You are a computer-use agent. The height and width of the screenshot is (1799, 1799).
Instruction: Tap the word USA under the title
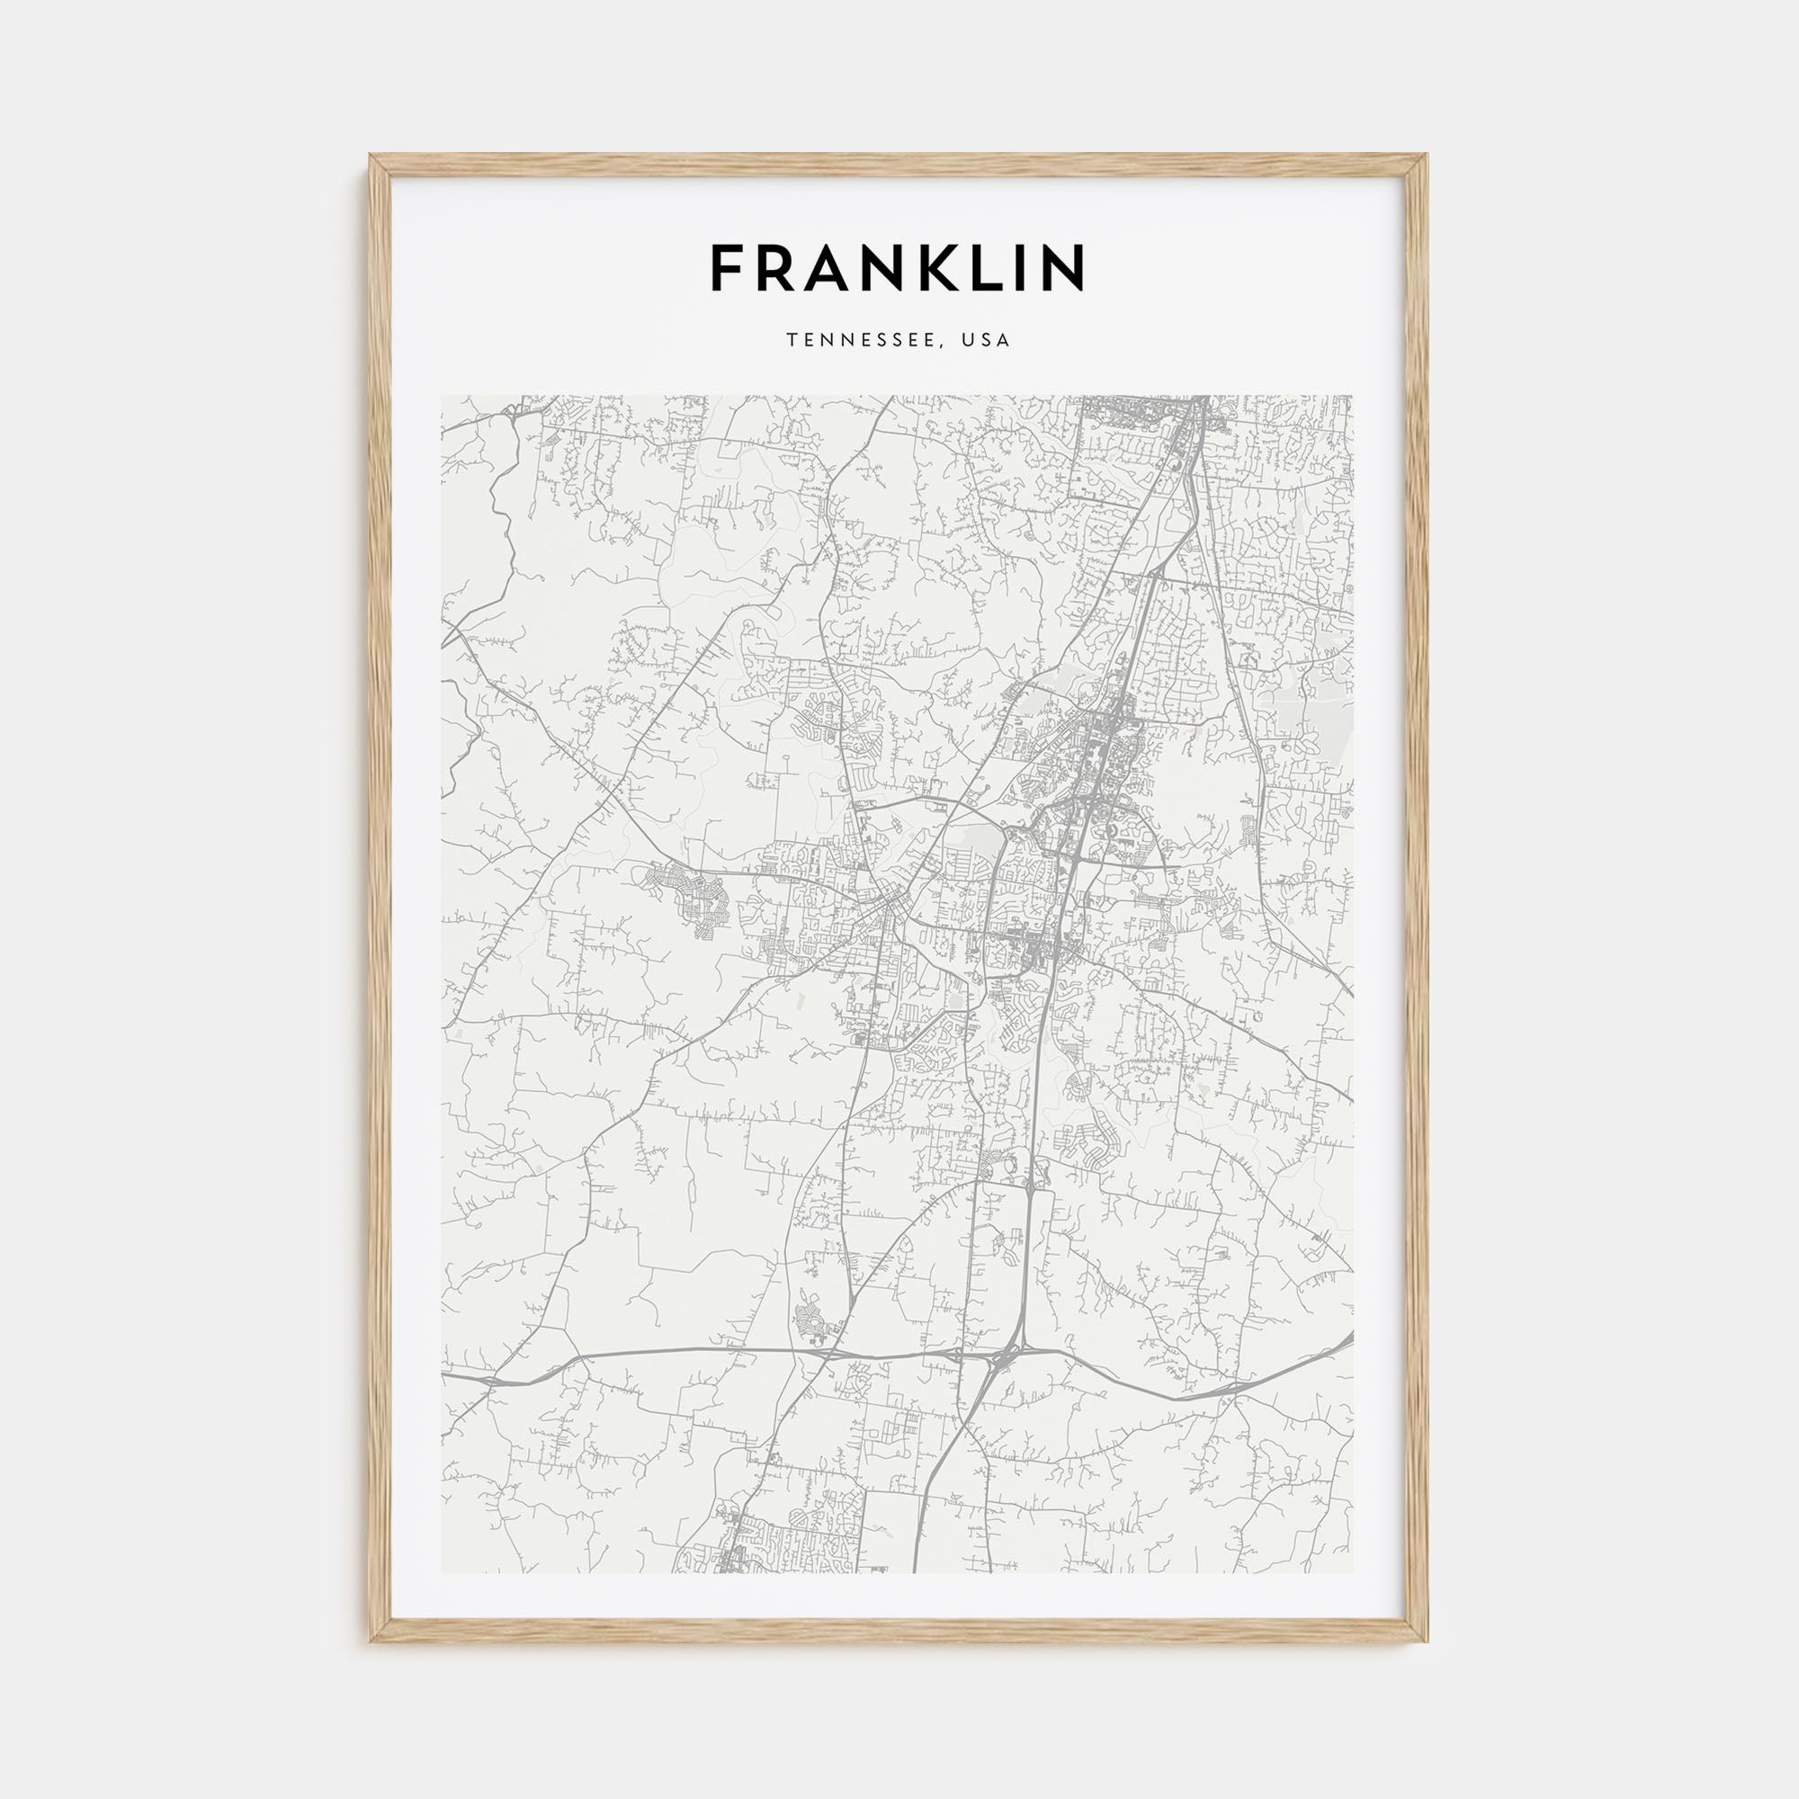[x=987, y=341]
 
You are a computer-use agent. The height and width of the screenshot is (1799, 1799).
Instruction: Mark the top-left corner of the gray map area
[x=443, y=397]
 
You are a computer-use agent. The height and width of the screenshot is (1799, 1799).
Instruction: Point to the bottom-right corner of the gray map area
[x=1353, y=1572]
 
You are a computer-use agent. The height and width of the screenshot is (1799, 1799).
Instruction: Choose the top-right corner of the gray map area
[x=1353, y=397]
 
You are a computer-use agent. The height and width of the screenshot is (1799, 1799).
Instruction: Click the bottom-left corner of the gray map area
[x=443, y=1572]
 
